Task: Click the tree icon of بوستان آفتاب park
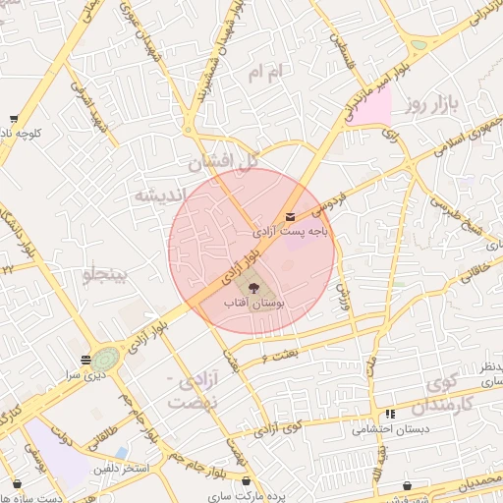click(254, 288)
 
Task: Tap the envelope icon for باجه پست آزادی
click(290, 217)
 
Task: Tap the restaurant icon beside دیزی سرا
click(86, 360)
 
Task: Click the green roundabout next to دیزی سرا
click(107, 358)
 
